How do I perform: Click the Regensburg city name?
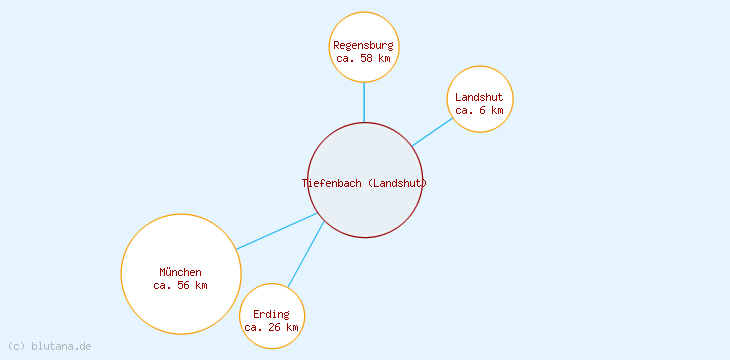pyautogui.click(x=364, y=45)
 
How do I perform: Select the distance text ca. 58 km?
pyautogui.click(x=364, y=58)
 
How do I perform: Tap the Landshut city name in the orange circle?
pyautogui.click(x=479, y=97)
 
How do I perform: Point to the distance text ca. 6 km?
pyautogui.click(x=479, y=110)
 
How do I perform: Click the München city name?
pyautogui.click(x=180, y=272)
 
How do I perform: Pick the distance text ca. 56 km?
pyautogui.click(x=180, y=285)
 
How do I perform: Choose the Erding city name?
pyautogui.click(x=271, y=314)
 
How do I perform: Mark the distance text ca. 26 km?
pyautogui.click(x=271, y=327)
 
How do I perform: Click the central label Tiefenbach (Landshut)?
pyautogui.click(x=364, y=182)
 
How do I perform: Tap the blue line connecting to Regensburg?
pyautogui.click(x=364, y=102)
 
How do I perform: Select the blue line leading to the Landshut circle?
pyautogui.click(x=433, y=132)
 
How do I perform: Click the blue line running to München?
pyautogui.click(x=277, y=231)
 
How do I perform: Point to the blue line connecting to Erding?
pyautogui.click(x=305, y=255)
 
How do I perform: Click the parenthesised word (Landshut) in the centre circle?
pyautogui.click(x=397, y=182)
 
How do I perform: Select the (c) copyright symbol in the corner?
pyautogui.click(x=16, y=346)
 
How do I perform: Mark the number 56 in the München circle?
pyautogui.click(x=183, y=285)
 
